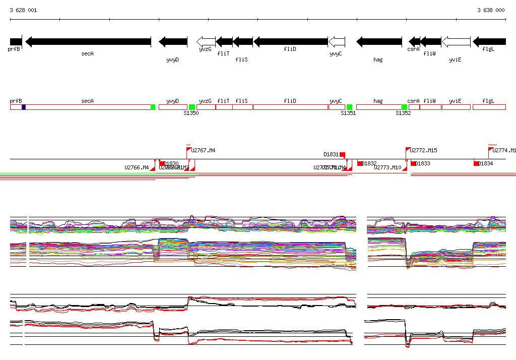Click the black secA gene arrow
coord(88,41)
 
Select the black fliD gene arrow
coord(291,41)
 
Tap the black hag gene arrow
coord(379,41)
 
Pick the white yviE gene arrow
coord(456,41)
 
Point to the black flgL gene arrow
coord(489,41)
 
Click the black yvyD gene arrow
coord(173,41)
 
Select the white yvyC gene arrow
coord(337,41)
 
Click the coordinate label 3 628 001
coord(23,10)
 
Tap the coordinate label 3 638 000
coord(491,10)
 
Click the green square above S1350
coord(192,107)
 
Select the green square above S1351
coord(349,107)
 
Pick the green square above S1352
coord(404,107)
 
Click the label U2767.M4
coord(203,150)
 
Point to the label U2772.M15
coord(423,150)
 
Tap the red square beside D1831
coord(342,154)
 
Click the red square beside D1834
coord(476,163)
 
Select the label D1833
coord(423,163)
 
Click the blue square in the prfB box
coord(24,107)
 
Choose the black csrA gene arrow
coord(414,41)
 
